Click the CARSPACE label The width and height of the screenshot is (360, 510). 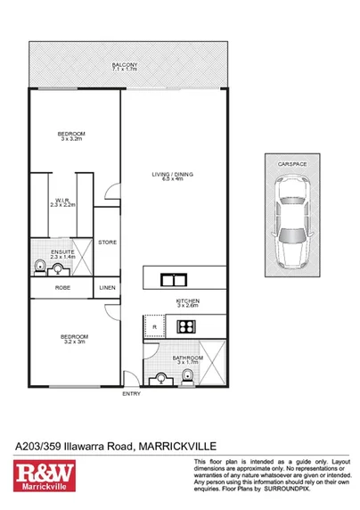click(x=292, y=165)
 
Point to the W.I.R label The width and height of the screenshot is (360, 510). click(x=61, y=200)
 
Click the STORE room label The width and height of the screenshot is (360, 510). click(x=107, y=242)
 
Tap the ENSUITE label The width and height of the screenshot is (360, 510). click(x=61, y=252)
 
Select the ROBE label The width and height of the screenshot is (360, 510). click(x=62, y=288)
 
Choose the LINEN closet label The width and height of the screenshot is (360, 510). click(x=107, y=288)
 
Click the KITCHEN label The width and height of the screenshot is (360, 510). click(x=187, y=301)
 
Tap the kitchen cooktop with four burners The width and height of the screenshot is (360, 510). click(x=187, y=326)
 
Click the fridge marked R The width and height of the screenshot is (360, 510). click(x=156, y=327)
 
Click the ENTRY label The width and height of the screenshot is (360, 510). click(x=131, y=393)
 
